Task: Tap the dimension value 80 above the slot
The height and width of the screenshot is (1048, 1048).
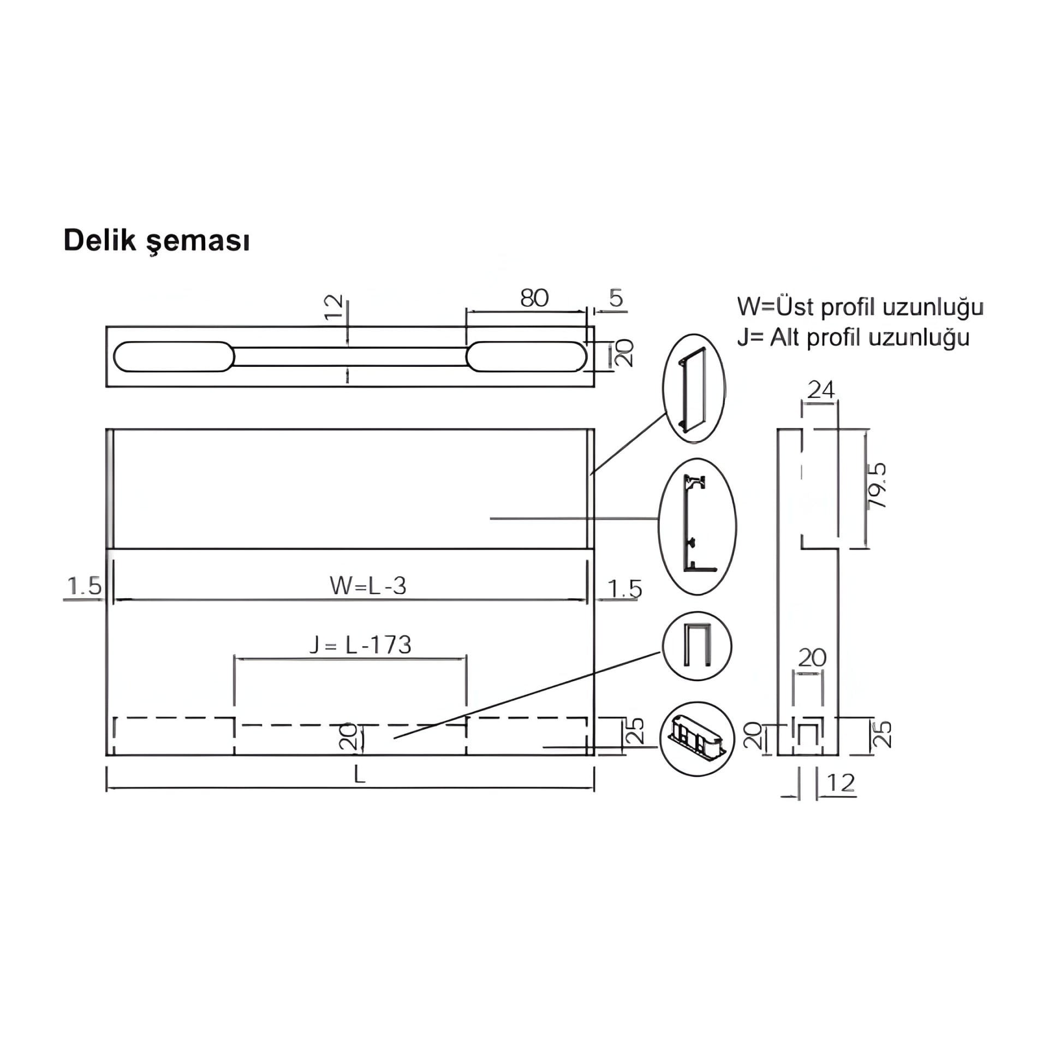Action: point(534,298)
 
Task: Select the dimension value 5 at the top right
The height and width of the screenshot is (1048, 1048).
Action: point(616,299)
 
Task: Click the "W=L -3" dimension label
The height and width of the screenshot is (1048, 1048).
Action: point(368,586)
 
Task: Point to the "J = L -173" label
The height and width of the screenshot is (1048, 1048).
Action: point(360,645)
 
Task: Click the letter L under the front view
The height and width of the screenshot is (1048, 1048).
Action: point(359,775)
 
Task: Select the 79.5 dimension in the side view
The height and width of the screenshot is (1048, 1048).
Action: point(876,486)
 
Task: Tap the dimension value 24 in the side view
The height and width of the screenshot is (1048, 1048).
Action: point(821,390)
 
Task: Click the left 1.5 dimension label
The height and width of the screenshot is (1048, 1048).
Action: point(84,586)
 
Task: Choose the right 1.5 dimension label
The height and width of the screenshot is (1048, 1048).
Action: point(624,589)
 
